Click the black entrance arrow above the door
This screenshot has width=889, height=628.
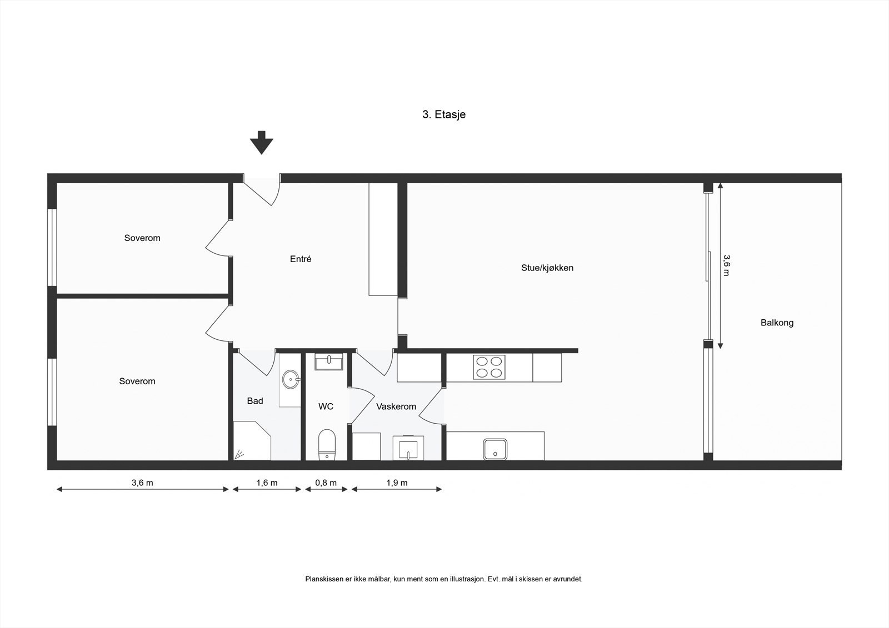click(x=261, y=143)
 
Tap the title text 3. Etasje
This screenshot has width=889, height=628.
click(x=443, y=115)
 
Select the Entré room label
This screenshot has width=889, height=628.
click(x=301, y=259)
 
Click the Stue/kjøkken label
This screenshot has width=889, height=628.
click(x=547, y=268)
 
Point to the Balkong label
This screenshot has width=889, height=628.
click(x=777, y=323)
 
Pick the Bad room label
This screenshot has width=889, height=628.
click(x=255, y=401)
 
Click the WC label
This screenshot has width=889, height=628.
click(x=326, y=406)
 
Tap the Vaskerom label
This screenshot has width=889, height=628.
click(x=396, y=406)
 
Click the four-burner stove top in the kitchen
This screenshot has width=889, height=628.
click(x=489, y=367)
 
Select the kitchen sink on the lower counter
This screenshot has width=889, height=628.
click(x=495, y=448)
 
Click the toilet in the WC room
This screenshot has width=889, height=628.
click(x=327, y=444)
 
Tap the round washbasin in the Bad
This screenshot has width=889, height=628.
click(x=291, y=380)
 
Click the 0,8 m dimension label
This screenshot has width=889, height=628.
click(x=326, y=483)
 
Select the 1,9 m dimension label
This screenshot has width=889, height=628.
click(x=397, y=483)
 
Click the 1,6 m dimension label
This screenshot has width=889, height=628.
click(x=267, y=483)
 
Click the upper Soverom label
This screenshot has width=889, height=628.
click(x=142, y=238)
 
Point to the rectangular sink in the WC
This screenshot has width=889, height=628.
click(x=328, y=363)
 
